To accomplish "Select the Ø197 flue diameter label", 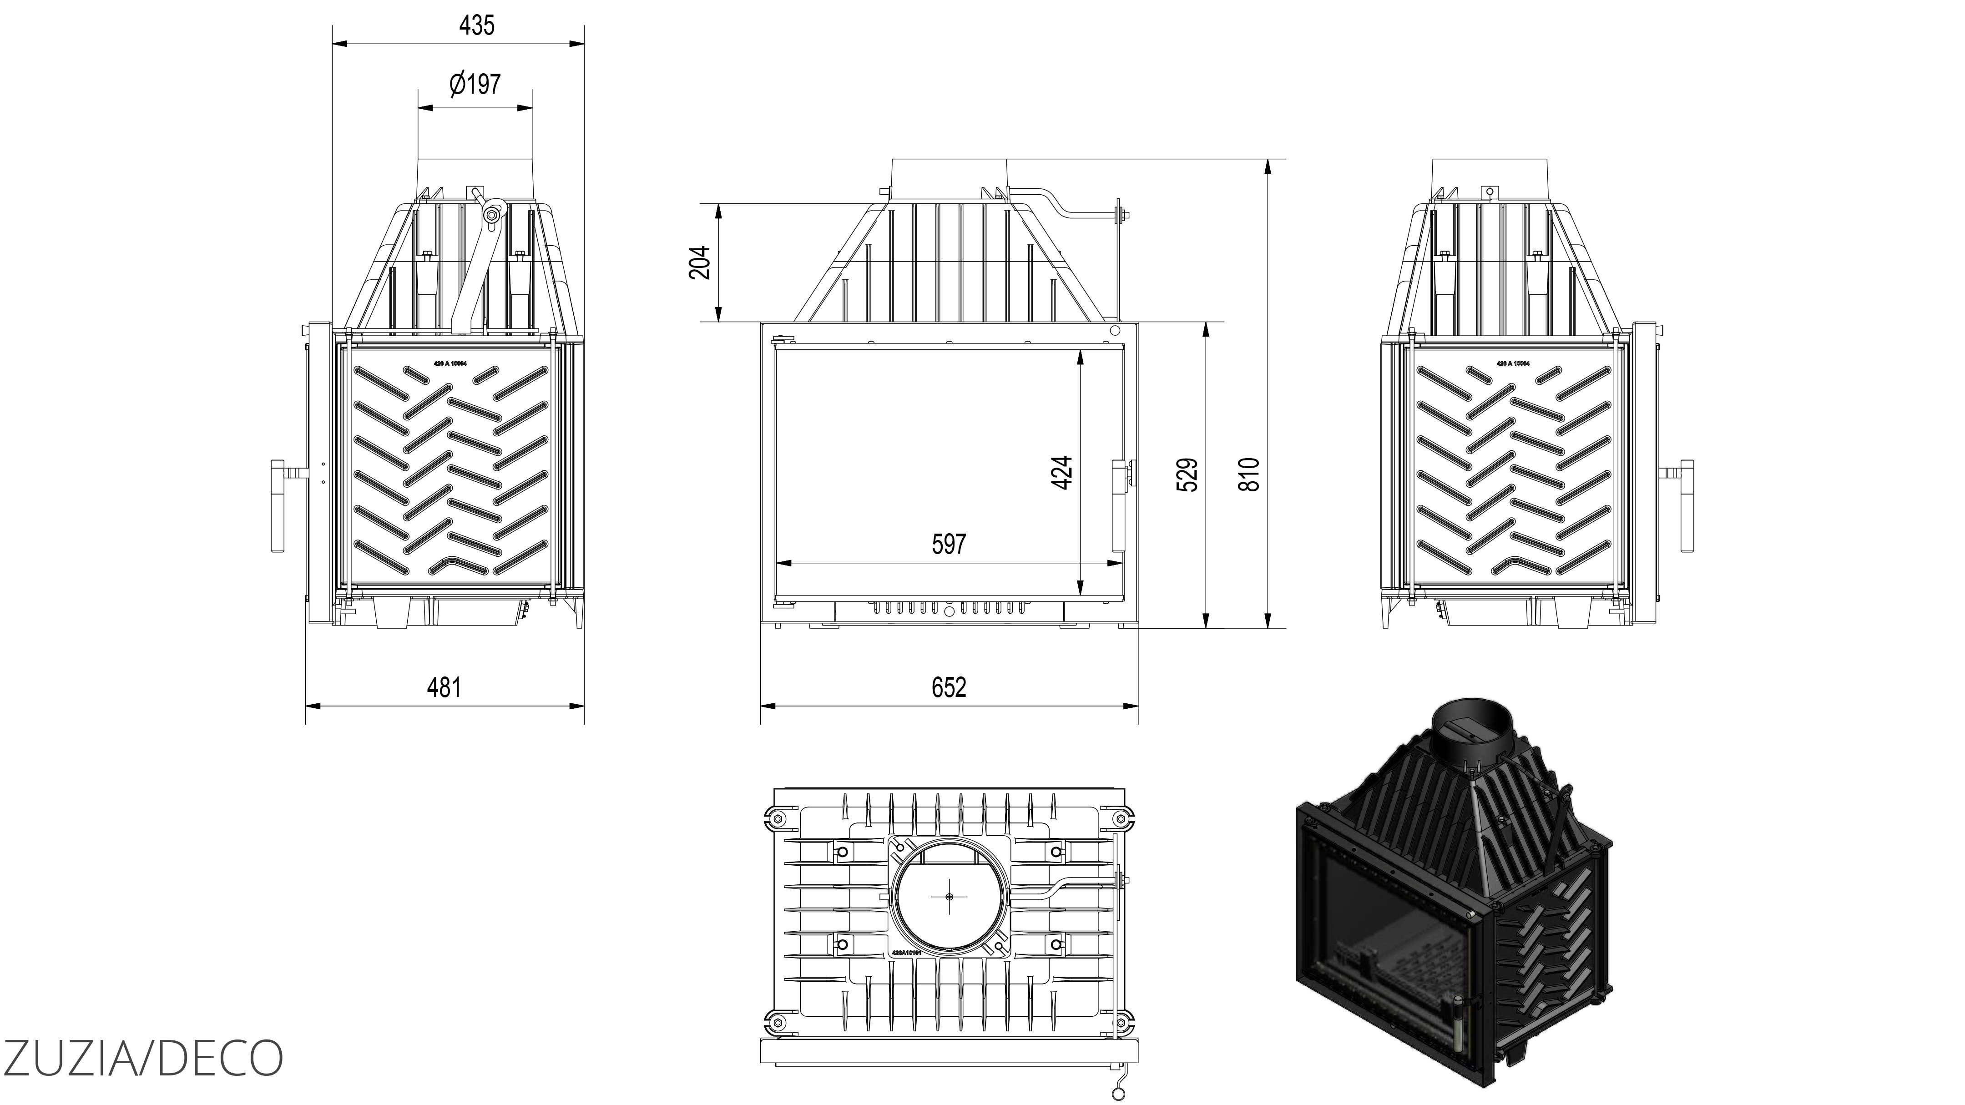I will (x=475, y=84).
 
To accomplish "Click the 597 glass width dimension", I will (x=948, y=544).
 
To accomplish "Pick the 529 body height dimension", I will (x=1188, y=474).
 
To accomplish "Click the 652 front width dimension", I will (x=948, y=687).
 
